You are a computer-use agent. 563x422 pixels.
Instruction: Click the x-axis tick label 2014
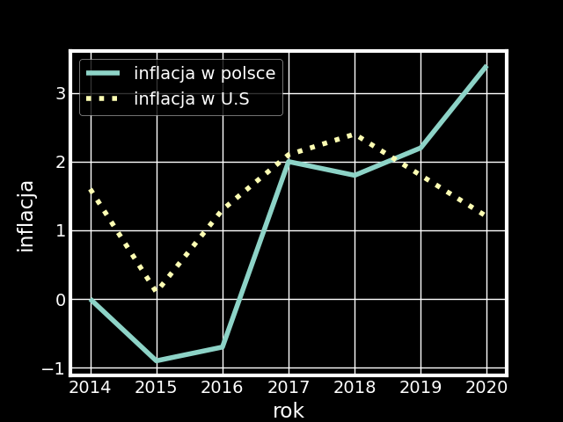pos(90,388)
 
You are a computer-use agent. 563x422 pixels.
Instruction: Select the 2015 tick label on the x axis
pos(157,388)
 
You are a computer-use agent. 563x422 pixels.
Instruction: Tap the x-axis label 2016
pos(223,388)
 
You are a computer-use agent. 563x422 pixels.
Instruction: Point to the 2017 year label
pos(289,388)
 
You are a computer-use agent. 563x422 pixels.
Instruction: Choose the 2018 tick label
pos(355,388)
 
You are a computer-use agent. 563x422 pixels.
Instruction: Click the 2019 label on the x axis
pos(420,388)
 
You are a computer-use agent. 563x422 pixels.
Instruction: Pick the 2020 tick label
pos(486,388)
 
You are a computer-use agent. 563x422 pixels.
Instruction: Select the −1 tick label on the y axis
pos(54,368)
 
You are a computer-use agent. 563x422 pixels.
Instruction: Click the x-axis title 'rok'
pos(289,411)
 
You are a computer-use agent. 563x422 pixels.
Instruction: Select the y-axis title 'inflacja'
pos(26,215)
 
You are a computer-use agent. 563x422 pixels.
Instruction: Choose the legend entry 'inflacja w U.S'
pos(191,99)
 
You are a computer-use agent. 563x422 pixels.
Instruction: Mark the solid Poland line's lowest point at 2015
pos(157,360)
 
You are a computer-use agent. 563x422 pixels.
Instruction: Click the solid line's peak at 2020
pos(486,66)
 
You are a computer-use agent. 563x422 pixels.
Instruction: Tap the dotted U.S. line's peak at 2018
pos(355,135)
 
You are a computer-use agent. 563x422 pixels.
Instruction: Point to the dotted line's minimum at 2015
pos(157,289)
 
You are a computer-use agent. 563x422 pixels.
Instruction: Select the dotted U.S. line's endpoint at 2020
pos(486,216)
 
